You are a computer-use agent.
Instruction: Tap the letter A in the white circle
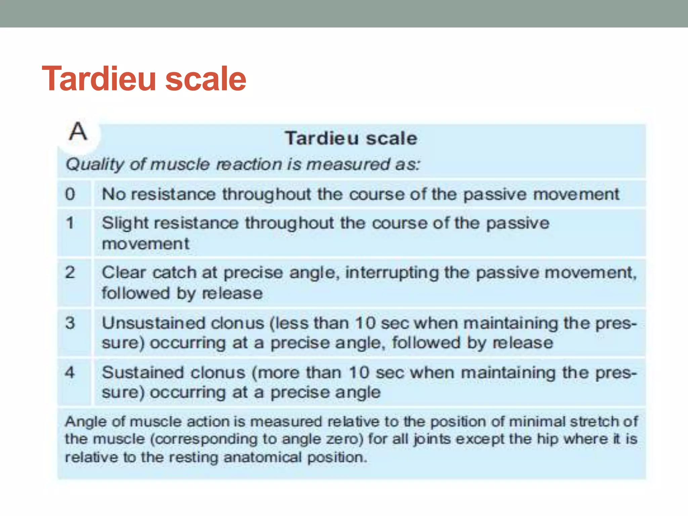tap(78, 131)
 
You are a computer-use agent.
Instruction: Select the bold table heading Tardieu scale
tap(351, 138)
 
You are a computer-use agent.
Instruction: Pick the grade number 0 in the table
tap(70, 194)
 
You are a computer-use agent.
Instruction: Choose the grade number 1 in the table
tap(70, 223)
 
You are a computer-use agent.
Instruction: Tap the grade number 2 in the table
tap(70, 272)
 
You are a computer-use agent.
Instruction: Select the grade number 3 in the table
tap(70, 323)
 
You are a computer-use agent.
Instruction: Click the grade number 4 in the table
tap(70, 372)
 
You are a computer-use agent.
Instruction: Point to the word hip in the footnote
tap(548, 439)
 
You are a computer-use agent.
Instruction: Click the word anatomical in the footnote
tap(263, 457)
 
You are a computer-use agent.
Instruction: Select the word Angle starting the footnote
tap(86, 422)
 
